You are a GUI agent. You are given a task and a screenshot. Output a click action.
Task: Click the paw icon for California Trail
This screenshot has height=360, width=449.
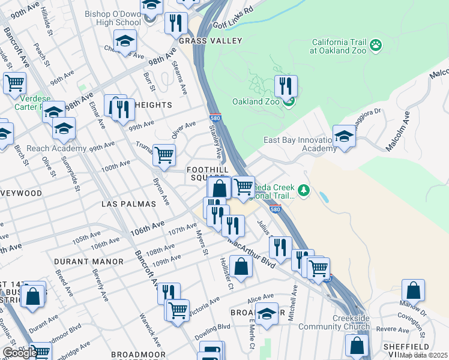(x=376, y=45)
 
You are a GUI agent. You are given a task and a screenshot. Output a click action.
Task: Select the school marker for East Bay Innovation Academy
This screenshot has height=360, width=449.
(x=345, y=136)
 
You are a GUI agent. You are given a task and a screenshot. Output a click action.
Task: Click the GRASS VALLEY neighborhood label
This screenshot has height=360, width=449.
(x=210, y=41)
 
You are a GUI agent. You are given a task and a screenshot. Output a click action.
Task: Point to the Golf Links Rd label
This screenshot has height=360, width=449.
(x=234, y=17)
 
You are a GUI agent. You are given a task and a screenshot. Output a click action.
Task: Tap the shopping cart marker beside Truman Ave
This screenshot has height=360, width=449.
(x=164, y=155)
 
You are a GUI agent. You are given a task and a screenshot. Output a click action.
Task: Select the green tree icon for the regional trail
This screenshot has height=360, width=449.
(x=304, y=191)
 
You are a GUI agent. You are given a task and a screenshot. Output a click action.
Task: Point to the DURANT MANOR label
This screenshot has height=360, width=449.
(x=89, y=262)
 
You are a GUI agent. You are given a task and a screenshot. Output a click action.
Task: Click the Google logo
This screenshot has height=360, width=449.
(x=19, y=353)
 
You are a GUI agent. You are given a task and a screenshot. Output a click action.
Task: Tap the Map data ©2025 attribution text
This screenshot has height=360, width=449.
(x=424, y=355)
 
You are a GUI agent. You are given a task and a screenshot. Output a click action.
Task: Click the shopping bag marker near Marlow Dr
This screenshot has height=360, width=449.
(x=413, y=290)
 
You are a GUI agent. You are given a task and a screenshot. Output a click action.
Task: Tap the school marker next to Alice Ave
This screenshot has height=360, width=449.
(x=266, y=313)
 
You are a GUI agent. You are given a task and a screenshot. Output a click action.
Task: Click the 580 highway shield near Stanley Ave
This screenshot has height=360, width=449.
(x=215, y=118)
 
